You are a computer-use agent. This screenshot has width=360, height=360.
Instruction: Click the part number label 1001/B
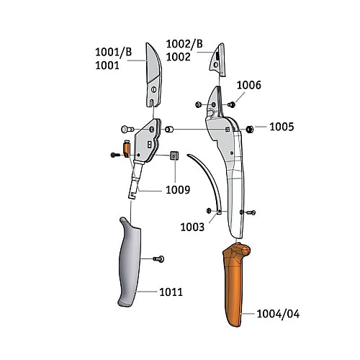114,52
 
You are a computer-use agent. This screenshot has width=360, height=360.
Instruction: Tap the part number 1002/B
184,44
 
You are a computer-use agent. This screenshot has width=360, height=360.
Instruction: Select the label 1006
248,85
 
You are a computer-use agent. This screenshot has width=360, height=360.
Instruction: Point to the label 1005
282,127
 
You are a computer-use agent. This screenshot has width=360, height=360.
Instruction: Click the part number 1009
178,190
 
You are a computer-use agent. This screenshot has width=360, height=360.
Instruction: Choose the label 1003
192,227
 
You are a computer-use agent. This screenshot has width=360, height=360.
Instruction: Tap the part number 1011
171,292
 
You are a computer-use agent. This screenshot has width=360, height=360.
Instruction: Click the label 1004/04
278,314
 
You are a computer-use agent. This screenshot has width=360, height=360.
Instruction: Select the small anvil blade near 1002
217,60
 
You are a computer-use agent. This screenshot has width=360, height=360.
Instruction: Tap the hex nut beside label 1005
250,130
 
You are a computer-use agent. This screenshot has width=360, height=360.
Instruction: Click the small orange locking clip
127,149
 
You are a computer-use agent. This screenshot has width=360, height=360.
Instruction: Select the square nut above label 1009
174,156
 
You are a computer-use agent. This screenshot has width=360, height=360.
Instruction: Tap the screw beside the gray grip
158,259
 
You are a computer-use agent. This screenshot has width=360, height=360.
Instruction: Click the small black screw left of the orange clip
115,155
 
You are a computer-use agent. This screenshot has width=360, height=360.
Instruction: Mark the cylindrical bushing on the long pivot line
169,130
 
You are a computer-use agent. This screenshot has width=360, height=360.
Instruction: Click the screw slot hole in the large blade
154,89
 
